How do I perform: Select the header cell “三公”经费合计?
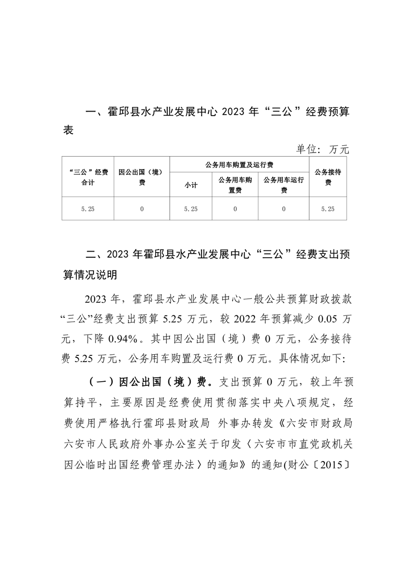[x=88, y=177]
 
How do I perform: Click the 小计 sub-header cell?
[x=191, y=185]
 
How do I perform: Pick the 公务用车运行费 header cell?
[x=284, y=185]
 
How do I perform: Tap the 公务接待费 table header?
[x=328, y=177]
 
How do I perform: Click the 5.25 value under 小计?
[x=191, y=209]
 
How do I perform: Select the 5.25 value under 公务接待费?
[x=328, y=209]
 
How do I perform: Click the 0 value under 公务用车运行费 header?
[x=284, y=209]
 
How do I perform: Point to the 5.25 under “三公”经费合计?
[x=88, y=209]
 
